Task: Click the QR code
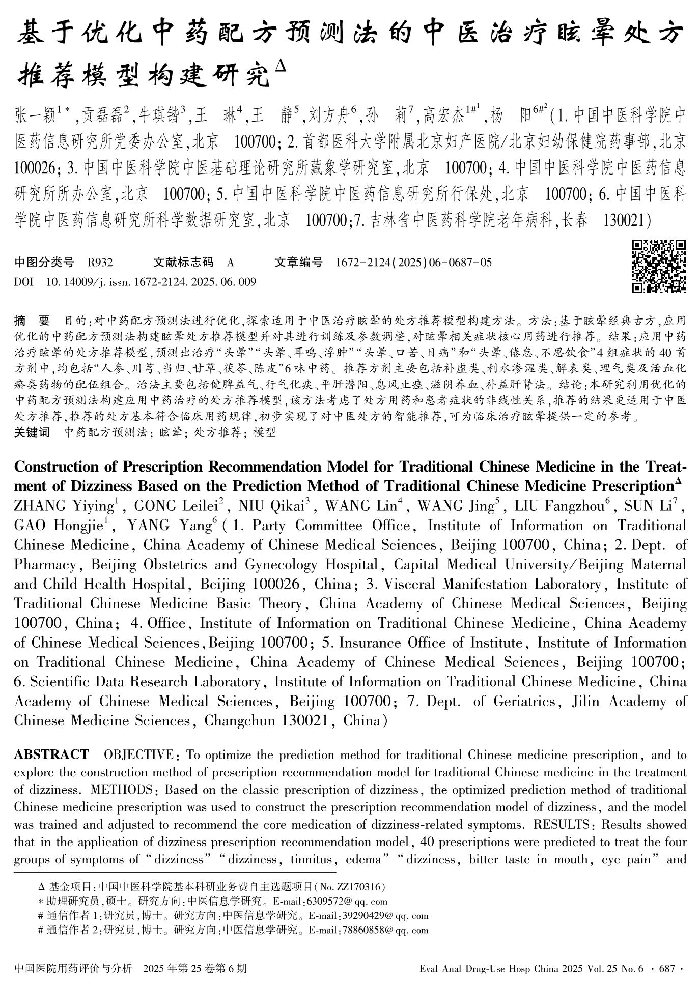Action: coord(659,266)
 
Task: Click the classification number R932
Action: coord(100,263)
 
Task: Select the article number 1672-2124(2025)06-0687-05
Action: coord(414,263)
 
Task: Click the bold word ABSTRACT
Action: coord(51,754)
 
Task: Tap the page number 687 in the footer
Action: coord(666,968)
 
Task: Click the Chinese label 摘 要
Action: coord(33,321)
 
